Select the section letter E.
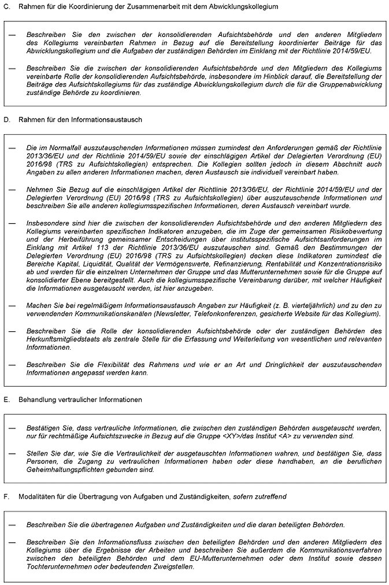[x=6, y=399]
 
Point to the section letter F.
[x=6, y=496]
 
